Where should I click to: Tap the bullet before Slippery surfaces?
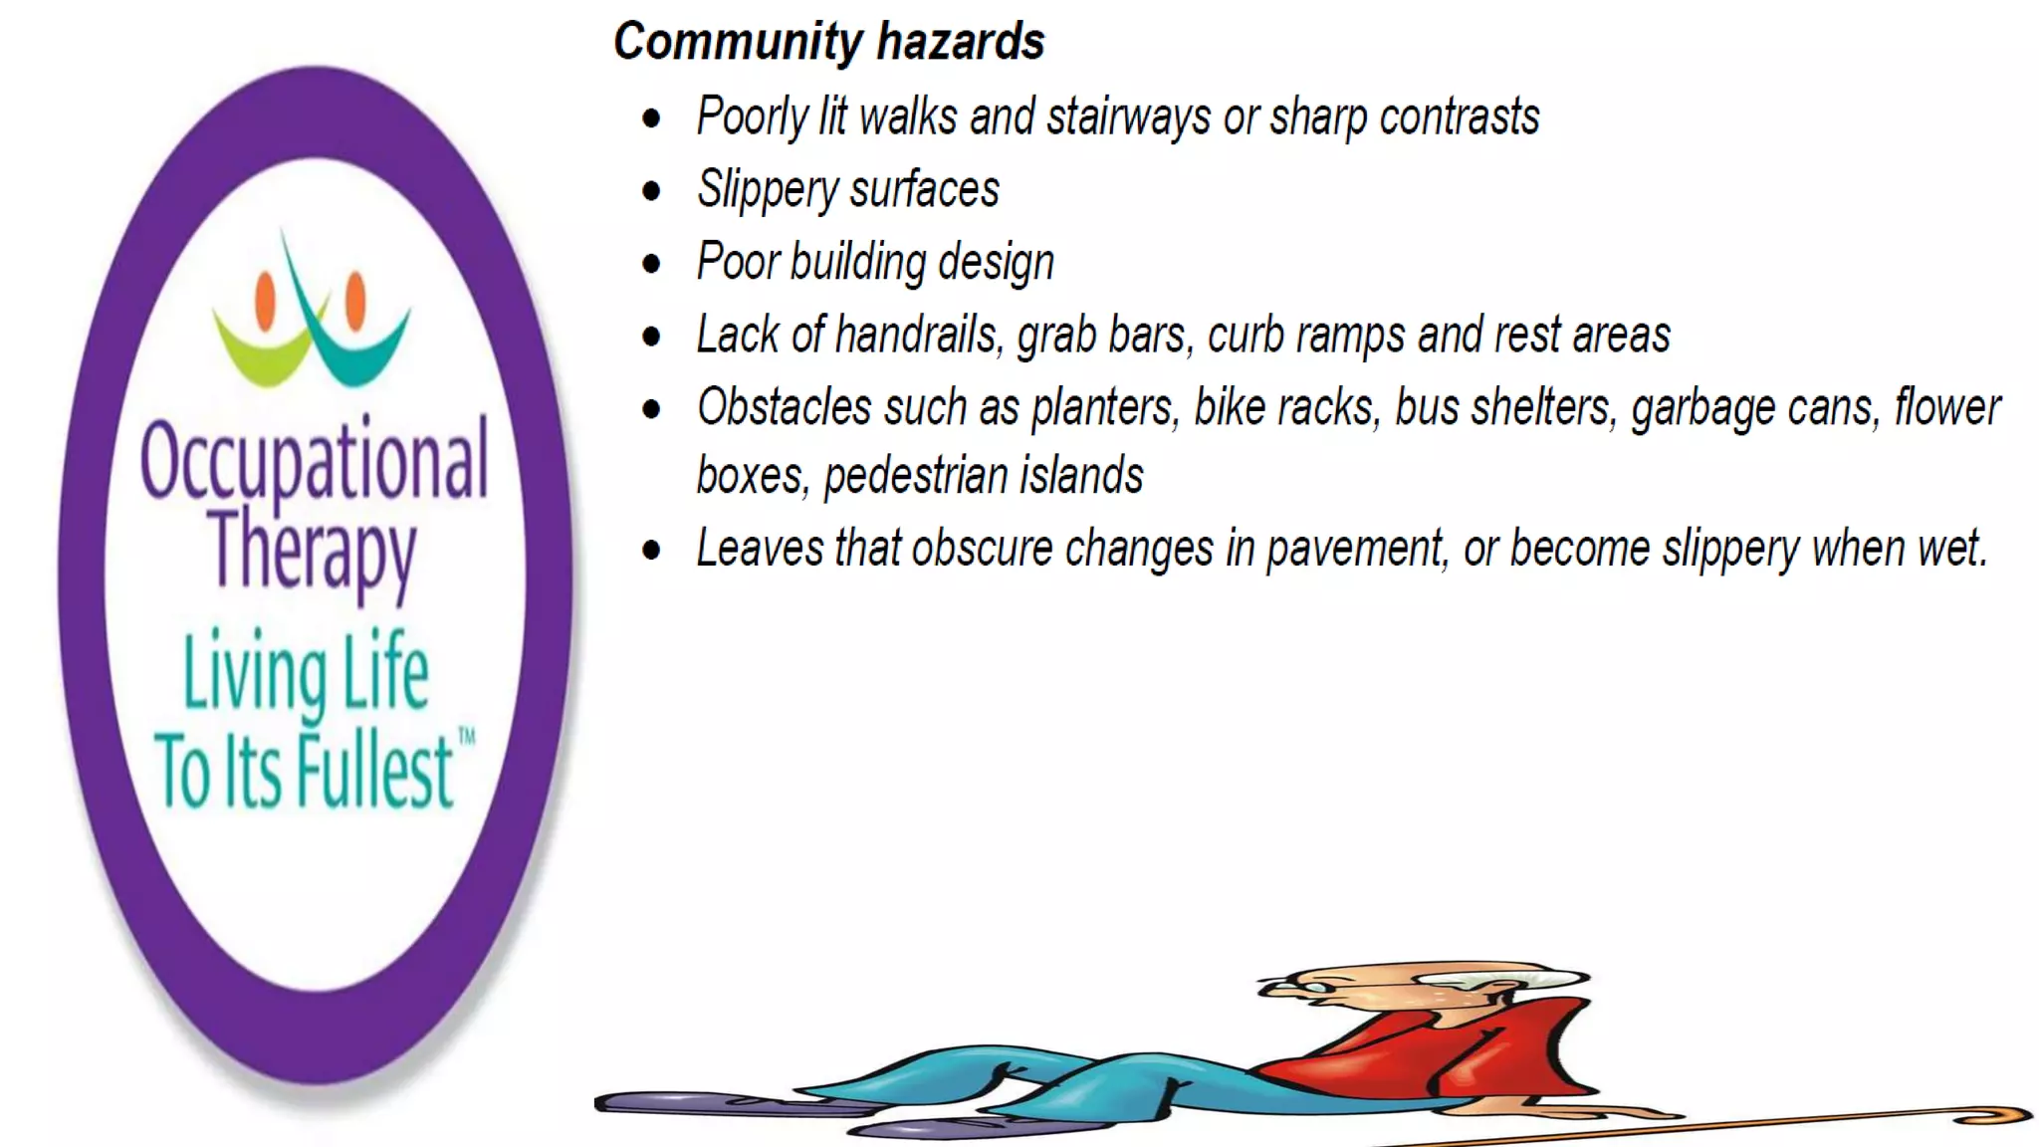click(652, 191)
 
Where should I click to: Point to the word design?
click(995, 263)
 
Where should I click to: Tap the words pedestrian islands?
click(984, 476)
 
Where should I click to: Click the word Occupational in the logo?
click(314, 460)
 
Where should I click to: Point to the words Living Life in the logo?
click(306, 674)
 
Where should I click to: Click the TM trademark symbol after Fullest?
click(466, 737)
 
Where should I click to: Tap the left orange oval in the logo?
click(265, 300)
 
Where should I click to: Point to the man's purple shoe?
click(697, 1103)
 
